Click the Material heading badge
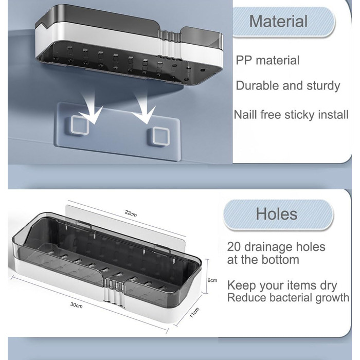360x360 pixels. [x=284, y=22]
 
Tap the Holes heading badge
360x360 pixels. [x=278, y=214]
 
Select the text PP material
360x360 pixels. [x=267, y=60]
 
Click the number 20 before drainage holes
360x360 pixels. [x=234, y=247]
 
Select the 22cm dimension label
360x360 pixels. [x=131, y=213]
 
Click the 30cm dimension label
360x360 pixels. [x=77, y=305]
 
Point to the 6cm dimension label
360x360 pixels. [x=212, y=280]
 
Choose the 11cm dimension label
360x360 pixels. [x=194, y=313]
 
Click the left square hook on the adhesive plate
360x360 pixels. [x=80, y=125]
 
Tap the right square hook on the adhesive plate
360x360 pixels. [x=161, y=136]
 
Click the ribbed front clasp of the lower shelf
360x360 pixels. [x=114, y=291]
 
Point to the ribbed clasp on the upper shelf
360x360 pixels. [x=170, y=44]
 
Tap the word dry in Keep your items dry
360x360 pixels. [x=328, y=286]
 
